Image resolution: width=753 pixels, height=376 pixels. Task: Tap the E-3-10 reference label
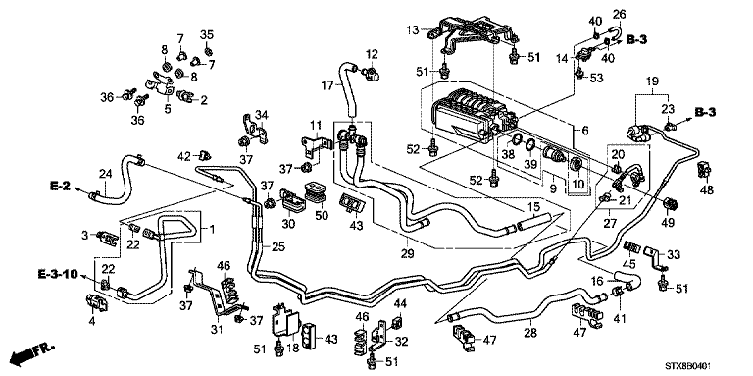[57, 275]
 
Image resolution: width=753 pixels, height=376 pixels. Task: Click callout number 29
[408, 252]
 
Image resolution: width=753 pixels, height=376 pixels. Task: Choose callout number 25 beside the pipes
[278, 247]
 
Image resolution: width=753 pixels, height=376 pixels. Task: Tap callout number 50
[322, 215]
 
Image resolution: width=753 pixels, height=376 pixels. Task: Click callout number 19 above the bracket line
[652, 82]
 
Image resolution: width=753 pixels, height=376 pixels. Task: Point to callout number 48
[706, 189]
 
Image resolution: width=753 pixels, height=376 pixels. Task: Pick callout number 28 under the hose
[531, 332]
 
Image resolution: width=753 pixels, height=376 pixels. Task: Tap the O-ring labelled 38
[516, 140]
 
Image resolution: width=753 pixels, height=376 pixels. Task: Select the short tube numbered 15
[534, 223]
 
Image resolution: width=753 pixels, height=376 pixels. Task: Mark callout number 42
[184, 156]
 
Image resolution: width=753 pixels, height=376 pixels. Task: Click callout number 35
[207, 34]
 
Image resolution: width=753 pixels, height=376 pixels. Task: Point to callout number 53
[595, 77]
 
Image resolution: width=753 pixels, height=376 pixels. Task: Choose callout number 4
[92, 321]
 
